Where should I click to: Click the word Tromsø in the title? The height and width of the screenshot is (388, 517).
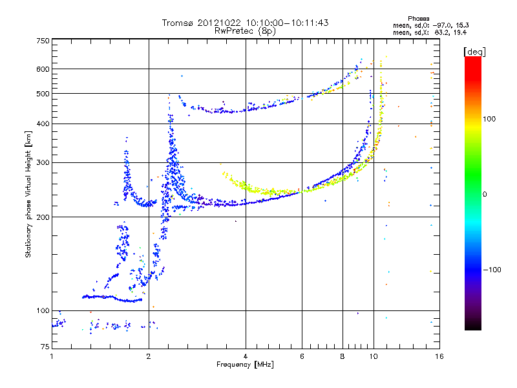[177, 23]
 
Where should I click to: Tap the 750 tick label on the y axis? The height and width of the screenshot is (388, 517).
[43, 41]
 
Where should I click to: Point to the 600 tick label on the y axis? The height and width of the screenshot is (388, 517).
[43, 69]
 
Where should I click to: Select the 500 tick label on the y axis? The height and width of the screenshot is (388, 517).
[43, 94]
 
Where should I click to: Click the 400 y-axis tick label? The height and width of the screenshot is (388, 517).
[43, 124]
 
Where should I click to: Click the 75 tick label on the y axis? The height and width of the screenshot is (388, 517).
[45, 348]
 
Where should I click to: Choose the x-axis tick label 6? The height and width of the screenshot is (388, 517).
[302, 356]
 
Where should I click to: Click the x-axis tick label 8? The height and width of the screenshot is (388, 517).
[343, 356]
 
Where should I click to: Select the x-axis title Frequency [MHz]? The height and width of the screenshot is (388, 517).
[245, 365]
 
